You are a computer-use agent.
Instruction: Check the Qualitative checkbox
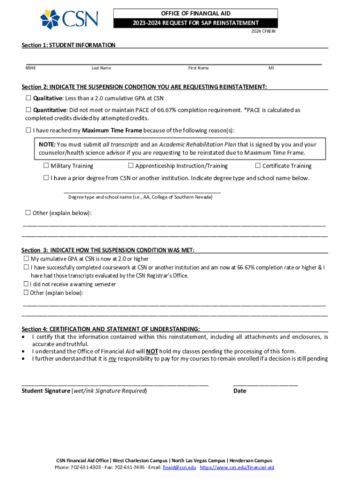(x=28, y=98)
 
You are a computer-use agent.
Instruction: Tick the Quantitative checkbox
(x=28, y=110)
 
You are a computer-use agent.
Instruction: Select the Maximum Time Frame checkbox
(x=28, y=130)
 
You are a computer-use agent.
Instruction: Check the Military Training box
(x=46, y=166)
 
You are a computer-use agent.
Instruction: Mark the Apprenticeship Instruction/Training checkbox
(x=131, y=166)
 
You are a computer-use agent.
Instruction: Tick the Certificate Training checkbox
(x=258, y=166)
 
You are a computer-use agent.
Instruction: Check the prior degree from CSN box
(x=46, y=178)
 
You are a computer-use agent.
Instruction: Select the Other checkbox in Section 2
(x=28, y=213)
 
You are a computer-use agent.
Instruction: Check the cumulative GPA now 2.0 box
(x=26, y=259)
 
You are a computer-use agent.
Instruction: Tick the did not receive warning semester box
(x=26, y=284)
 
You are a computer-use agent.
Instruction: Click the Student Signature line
(x=115, y=384)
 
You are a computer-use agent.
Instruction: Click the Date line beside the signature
(x=265, y=384)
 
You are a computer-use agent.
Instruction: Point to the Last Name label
(x=101, y=68)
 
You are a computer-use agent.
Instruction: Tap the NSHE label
(x=30, y=68)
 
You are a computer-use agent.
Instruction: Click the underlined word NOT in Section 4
(x=151, y=352)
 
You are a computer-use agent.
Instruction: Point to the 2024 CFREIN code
(x=263, y=31)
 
